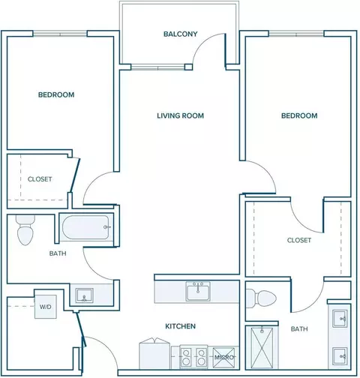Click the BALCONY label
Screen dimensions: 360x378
181,34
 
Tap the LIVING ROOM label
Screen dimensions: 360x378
180,115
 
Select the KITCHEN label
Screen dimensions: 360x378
180,326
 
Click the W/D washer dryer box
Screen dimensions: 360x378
46,307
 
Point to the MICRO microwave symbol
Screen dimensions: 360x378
223,358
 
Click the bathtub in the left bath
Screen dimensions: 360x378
86,227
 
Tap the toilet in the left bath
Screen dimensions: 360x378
25,230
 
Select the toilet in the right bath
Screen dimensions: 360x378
261,298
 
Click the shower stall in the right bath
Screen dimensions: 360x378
262,348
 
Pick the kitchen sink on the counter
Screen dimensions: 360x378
198,291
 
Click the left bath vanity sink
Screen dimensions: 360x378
85,295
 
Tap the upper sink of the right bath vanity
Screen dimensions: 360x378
340,319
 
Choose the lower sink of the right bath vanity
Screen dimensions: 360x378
340,356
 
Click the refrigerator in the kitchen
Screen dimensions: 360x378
154,354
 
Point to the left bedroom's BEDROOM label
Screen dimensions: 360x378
56,94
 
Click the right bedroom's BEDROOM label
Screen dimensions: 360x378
299,115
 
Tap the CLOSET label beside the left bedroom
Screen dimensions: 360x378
40,179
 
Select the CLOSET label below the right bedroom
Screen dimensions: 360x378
299,240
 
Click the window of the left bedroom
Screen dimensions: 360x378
60,34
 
